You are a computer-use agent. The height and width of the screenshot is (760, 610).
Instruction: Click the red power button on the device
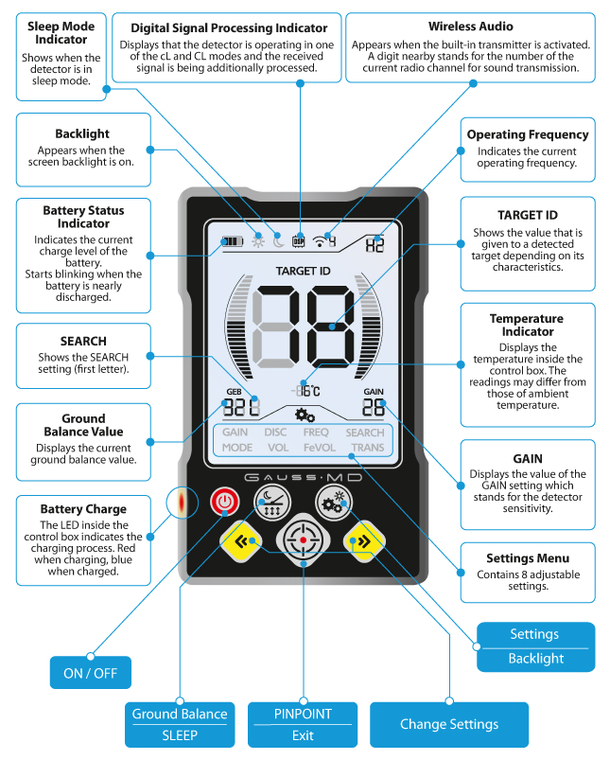click(x=225, y=502)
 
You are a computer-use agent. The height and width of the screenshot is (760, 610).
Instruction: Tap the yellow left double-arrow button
click(x=241, y=541)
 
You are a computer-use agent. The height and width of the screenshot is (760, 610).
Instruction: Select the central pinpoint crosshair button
click(x=304, y=539)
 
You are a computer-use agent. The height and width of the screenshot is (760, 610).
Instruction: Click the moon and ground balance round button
click(x=272, y=503)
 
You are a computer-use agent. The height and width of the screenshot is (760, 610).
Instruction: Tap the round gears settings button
click(x=334, y=503)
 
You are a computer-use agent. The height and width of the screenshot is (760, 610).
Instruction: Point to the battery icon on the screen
click(x=232, y=241)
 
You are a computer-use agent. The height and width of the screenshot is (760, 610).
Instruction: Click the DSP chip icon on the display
click(x=299, y=241)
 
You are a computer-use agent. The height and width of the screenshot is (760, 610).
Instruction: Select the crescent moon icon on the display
click(x=278, y=240)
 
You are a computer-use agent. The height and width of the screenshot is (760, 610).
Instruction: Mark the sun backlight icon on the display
click(x=258, y=240)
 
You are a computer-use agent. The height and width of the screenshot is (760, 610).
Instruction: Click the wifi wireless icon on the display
click(x=320, y=241)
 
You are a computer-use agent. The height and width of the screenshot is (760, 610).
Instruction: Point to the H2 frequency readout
click(x=375, y=245)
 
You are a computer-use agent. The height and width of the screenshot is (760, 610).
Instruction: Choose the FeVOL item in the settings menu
click(x=320, y=448)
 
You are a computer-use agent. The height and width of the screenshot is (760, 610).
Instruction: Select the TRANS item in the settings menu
click(x=367, y=448)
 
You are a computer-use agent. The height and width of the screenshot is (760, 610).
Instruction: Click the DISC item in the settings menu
click(x=275, y=432)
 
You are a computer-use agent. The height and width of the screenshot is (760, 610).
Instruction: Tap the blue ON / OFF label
click(x=91, y=673)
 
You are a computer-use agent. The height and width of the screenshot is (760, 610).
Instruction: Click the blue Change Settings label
click(x=449, y=724)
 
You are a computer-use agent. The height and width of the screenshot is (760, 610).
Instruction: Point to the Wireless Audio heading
click(x=470, y=27)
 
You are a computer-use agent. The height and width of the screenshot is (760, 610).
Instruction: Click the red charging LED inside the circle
click(x=182, y=503)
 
